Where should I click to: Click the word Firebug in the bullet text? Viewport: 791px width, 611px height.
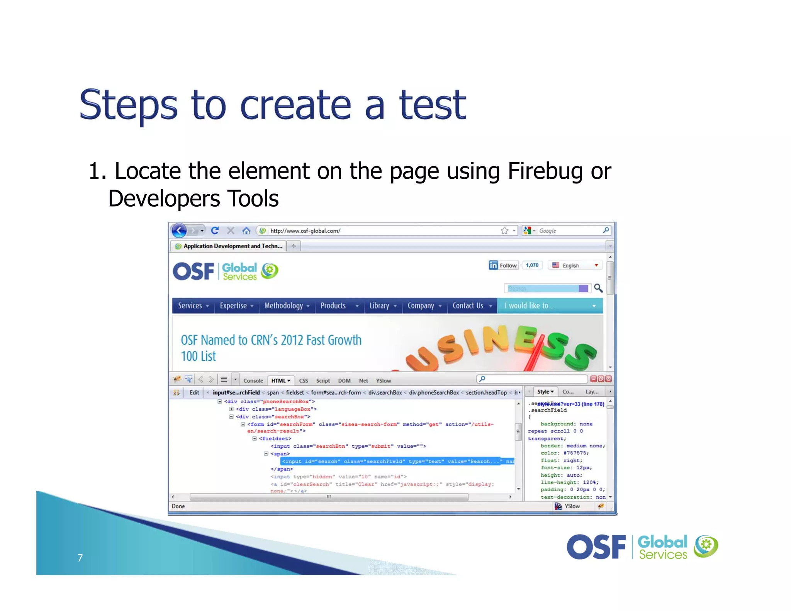point(545,171)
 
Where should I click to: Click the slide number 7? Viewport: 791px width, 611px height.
point(80,558)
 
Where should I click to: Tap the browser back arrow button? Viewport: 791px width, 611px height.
point(179,231)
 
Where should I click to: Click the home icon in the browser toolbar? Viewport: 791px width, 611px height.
point(246,231)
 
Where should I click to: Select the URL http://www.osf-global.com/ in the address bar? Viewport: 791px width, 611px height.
point(305,231)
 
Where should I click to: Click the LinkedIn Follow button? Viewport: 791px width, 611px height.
point(503,265)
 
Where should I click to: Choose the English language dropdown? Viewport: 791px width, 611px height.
point(575,265)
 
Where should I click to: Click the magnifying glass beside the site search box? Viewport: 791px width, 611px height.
point(598,288)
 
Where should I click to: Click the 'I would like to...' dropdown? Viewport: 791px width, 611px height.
point(549,305)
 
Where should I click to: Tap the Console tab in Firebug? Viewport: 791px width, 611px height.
point(253,380)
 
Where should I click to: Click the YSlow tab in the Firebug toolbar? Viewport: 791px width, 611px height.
point(383,380)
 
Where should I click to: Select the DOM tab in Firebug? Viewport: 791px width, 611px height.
point(344,380)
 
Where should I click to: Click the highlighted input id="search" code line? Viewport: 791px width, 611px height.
point(390,461)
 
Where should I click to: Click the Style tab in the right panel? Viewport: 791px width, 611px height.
point(545,392)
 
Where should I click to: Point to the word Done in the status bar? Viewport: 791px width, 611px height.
point(178,506)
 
